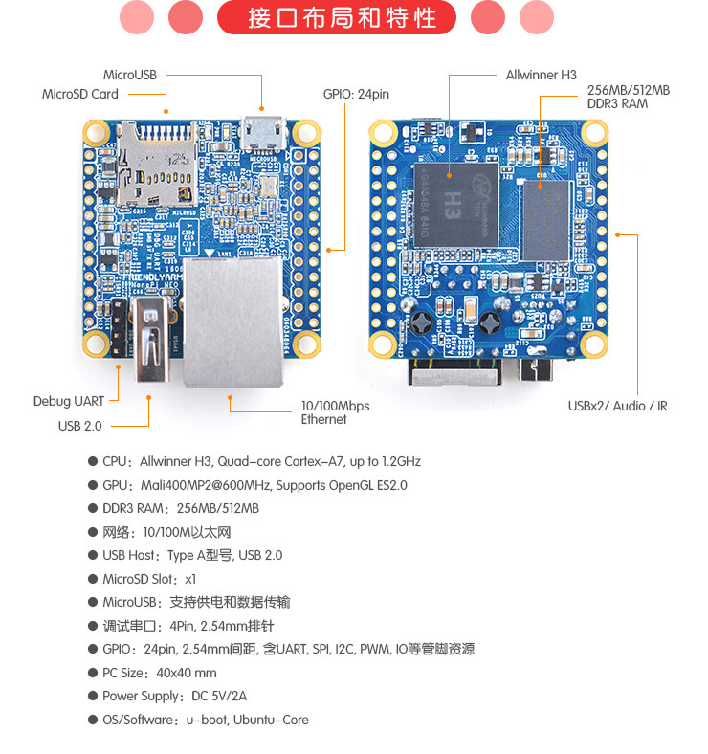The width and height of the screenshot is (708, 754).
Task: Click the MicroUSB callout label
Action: [130, 75]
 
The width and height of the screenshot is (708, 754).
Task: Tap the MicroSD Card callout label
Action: [80, 94]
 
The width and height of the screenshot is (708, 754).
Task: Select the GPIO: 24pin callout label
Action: [356, 95]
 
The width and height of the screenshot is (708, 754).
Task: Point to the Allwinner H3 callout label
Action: [542, 75]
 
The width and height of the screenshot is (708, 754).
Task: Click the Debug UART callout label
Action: [69, 401]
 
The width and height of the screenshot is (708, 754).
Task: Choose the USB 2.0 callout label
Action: [79, 426]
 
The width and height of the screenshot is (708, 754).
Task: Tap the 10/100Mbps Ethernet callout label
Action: [335, 412]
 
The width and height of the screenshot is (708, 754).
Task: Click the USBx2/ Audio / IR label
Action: [617, 406]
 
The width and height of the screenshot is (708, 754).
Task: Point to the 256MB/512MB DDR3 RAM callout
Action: [628, 97]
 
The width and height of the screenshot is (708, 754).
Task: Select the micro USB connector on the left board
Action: [263, 133]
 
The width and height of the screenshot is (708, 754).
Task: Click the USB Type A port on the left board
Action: [151, 341]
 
